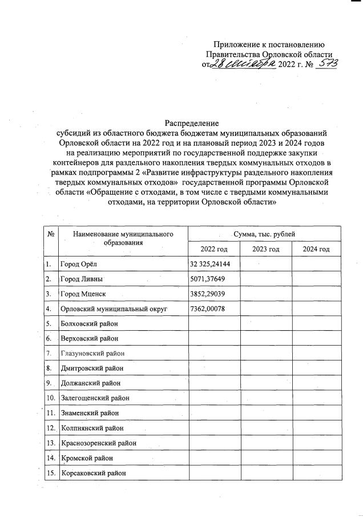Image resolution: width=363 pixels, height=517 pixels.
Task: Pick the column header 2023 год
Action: coord(266,249)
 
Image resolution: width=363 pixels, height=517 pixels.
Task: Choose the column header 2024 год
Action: coord(316,249)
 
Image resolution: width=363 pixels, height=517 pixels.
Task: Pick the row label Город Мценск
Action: coord(83,294)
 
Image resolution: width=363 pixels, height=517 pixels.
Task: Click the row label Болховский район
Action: coord(90,323)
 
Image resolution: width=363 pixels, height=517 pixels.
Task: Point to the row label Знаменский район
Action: coord(90,412)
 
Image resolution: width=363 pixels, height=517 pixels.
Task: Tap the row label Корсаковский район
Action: coord(92,472)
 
